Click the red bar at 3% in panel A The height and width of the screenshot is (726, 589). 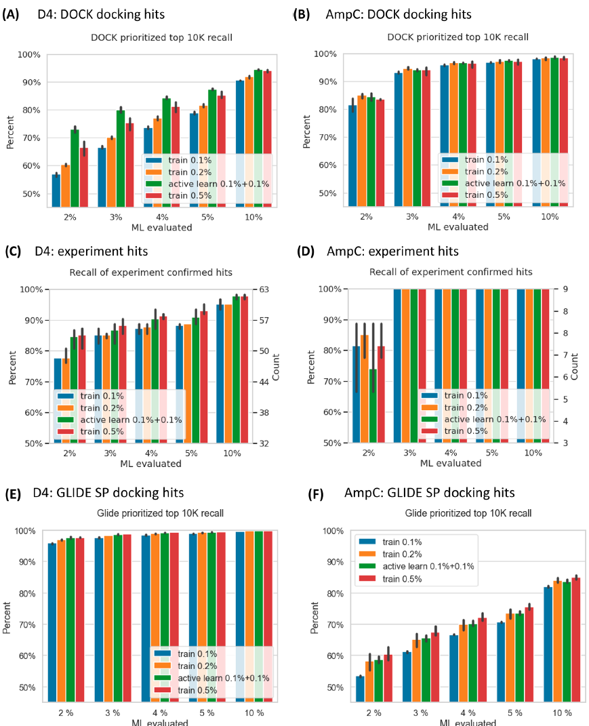click(128, 163)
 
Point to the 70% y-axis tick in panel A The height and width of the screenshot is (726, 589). click(31, 138)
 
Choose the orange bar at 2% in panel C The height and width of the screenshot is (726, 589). click(66, 400)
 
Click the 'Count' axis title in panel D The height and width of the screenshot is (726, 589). click(575, 365)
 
